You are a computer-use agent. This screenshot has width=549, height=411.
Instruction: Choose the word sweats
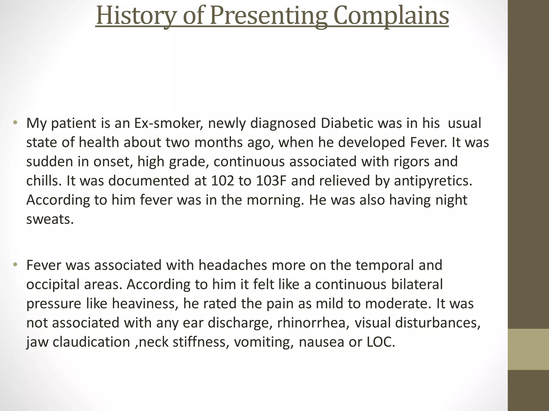[50, 220]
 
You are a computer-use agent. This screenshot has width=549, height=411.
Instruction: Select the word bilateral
[417, 284]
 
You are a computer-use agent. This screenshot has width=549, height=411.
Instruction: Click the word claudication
[91, 342]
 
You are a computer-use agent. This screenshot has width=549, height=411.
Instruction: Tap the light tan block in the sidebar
[528, 349]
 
